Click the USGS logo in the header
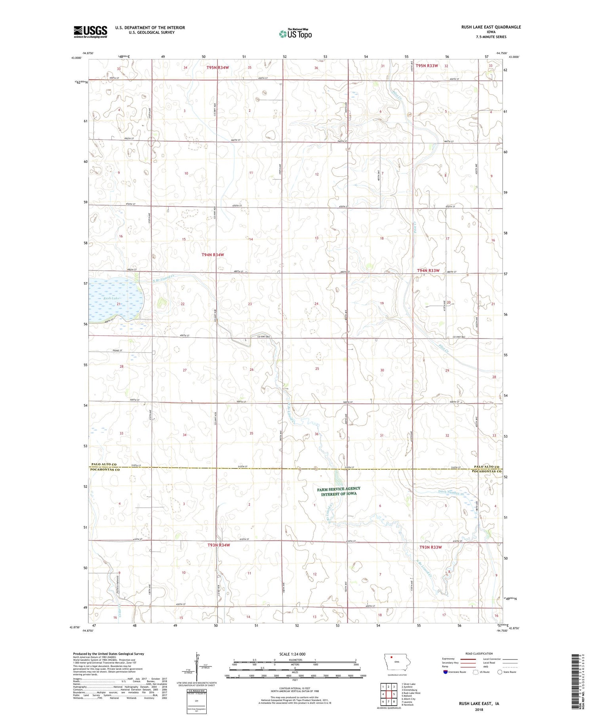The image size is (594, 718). [x=90, y=32]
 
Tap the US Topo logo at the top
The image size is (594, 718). [x=295, y=34]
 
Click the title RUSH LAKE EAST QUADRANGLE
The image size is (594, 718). [x=491, y=27]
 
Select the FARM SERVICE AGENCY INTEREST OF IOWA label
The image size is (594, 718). [x=339, y=491]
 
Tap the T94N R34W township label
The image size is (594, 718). [x=213, y=255]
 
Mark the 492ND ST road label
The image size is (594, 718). [x=118, y=350]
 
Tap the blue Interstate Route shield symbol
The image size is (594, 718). [x=445, y=672]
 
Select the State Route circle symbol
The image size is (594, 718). [x=500, y=672]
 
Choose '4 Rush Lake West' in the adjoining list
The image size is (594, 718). [x=411, y=693]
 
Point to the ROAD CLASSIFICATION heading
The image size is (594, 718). [x=479, y=653]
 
